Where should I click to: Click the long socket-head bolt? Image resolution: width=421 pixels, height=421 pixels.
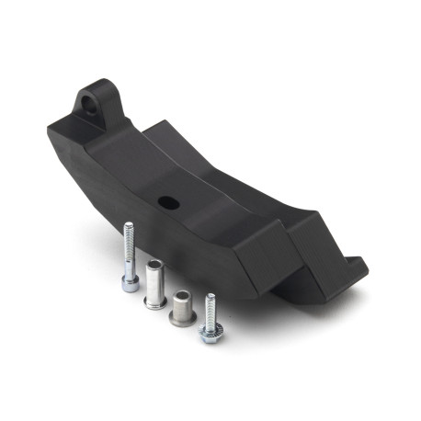point(130,257)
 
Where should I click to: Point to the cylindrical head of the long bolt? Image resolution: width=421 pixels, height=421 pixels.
point(131,282)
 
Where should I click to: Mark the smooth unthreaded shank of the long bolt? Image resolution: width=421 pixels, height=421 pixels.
point(130,262)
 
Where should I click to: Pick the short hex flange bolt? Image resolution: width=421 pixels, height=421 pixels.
point(210,318)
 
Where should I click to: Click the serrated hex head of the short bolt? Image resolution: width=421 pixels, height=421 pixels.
point(210,333)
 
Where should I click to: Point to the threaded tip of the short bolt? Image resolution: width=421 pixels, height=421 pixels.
point(211,298)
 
